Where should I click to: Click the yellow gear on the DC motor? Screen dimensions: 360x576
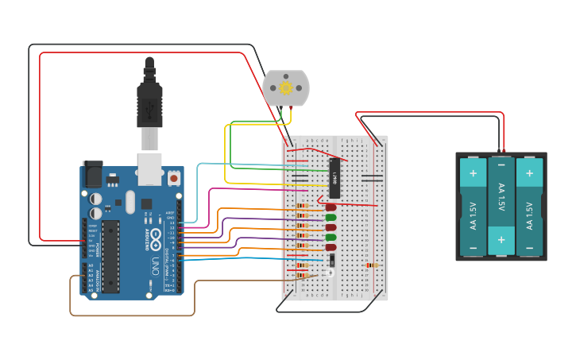[286, 88]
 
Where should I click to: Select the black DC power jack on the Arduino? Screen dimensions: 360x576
[92, 175]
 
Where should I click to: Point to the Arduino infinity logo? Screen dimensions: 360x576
[157, 238]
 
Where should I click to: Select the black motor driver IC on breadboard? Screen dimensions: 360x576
[334, 178]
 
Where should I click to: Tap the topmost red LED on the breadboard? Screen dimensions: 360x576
[331, 207]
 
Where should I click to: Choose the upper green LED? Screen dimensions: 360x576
[331, 217]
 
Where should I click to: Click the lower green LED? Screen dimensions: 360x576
[331, 237]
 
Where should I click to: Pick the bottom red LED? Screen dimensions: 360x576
[331, 247]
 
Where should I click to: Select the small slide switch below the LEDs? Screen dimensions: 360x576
[331, 259]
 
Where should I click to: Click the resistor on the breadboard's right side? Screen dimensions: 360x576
[371, 265]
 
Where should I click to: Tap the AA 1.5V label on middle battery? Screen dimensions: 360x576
[501, 198]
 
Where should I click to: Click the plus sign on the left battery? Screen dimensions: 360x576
[473, 172]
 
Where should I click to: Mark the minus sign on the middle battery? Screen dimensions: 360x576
[501, 166]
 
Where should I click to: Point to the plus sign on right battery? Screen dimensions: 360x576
[529, 172]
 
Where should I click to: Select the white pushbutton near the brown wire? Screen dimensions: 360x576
[330, 273]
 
